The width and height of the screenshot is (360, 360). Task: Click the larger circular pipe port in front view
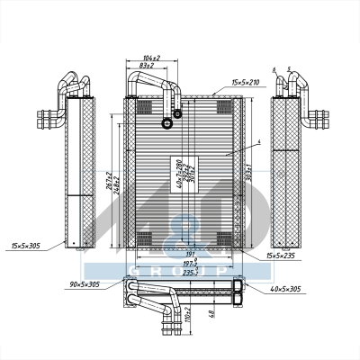click(x=166, y=124)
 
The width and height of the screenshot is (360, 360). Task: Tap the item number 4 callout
click(x=258, y=142)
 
